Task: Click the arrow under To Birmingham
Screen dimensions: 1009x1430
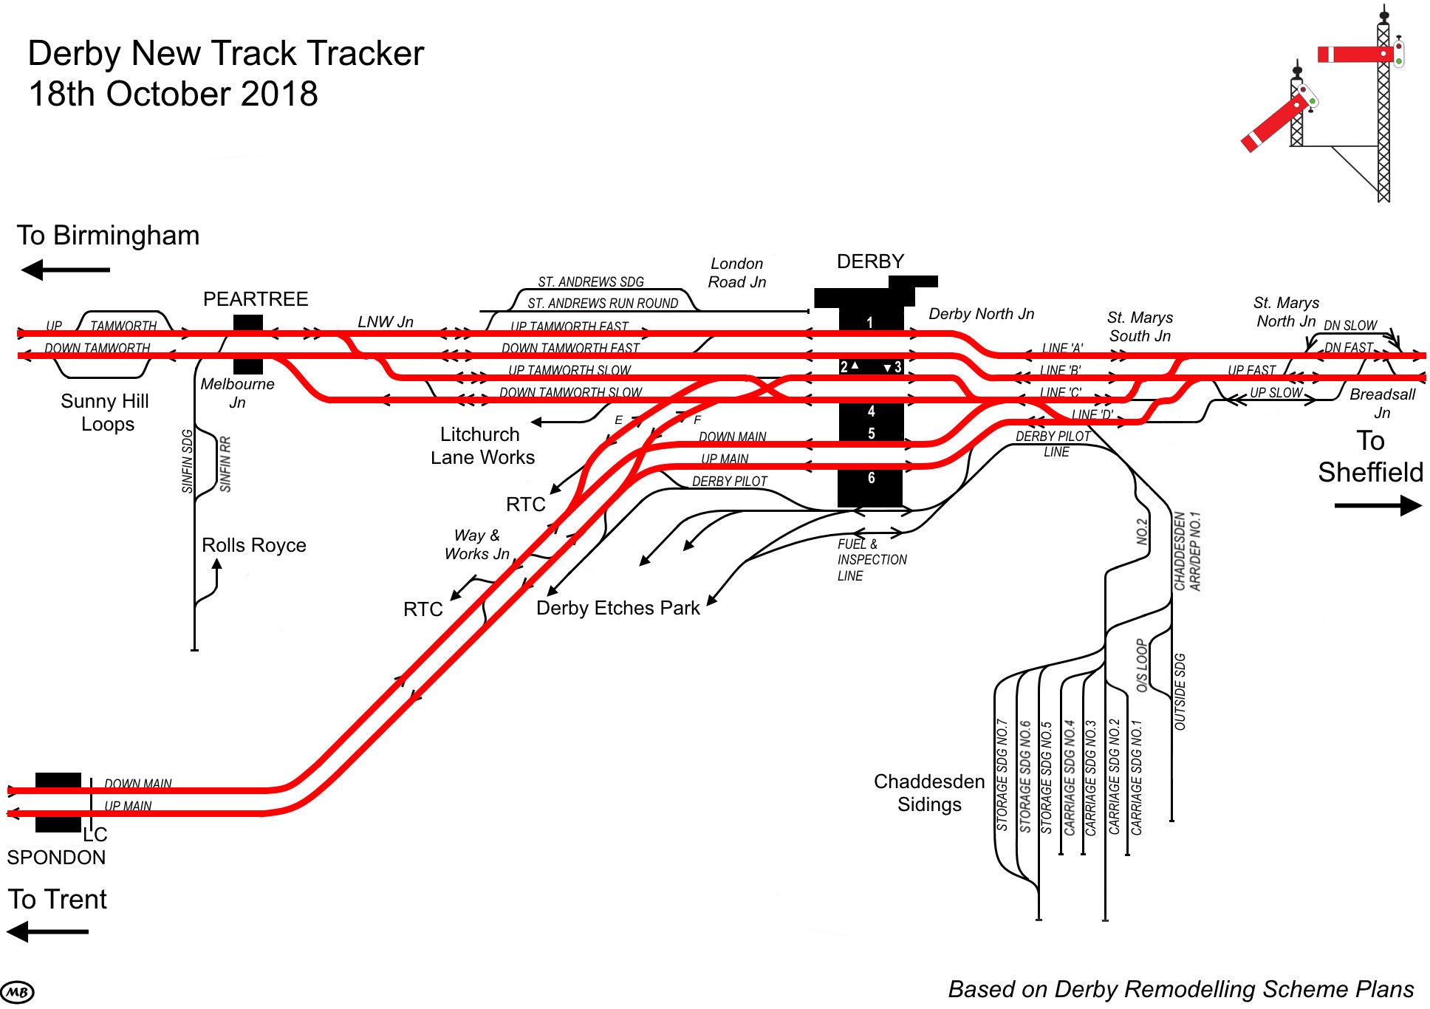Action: (65, 270)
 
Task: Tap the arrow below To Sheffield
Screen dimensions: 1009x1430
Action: (1378, 506)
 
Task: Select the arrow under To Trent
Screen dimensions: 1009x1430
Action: (48, 931)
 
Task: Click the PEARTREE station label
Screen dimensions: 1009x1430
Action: (256, 299)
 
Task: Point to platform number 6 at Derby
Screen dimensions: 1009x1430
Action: (871, 478)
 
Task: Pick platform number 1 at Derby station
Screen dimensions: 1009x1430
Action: (869, 322)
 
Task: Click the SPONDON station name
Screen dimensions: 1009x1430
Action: (56, 858)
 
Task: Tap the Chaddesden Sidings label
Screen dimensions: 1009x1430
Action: (929, 793)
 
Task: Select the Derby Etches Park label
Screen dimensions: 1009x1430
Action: (617, 608)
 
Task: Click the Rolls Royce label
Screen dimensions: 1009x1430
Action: (253, 545)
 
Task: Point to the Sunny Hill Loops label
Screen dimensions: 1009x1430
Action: (106, 412)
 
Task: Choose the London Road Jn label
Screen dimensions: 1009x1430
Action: (736, 273)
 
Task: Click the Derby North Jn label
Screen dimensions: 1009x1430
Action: (981, 314)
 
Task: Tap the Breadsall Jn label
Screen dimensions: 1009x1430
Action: (1382, 403)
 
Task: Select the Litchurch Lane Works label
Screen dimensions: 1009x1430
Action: (482, 445)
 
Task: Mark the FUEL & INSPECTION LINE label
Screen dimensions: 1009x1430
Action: (872, 560)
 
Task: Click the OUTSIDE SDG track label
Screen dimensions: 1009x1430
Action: (1180, 691)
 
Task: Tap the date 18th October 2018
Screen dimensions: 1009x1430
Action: (174, 94)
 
